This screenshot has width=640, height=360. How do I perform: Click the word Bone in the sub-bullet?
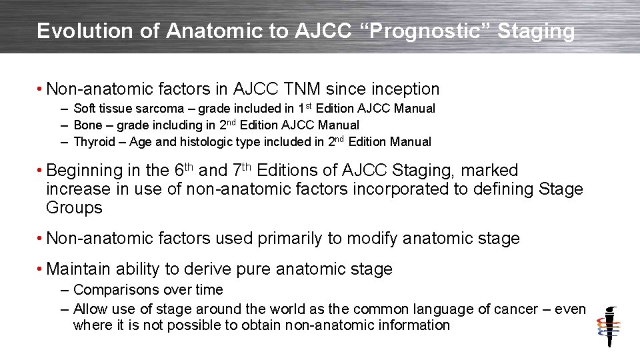click(87, 125)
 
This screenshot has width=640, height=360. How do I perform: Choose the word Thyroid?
click(93, 142)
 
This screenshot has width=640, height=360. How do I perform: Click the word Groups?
click(74, 207)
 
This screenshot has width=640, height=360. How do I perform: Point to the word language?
click(451, 309)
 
